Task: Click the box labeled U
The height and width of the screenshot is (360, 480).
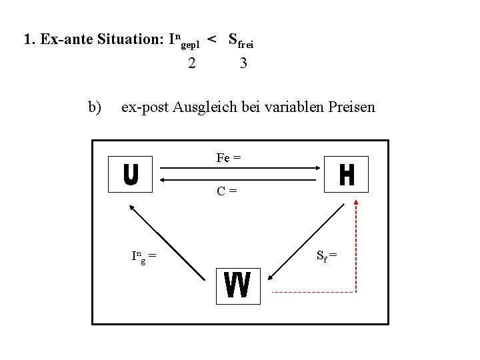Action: (131, 175)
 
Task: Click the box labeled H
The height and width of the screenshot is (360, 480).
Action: (346, 175)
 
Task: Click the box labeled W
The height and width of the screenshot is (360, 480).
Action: (238, 286)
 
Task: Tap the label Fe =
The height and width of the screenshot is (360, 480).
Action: (229, 158)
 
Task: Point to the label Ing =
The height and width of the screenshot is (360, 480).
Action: (144, 255)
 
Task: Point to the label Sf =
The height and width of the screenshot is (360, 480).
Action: (327, 255)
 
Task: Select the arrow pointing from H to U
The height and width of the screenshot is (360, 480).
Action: (240, 179)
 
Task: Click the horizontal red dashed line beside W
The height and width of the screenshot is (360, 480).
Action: (313, 292)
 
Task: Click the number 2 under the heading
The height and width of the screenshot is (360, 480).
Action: (192, 64)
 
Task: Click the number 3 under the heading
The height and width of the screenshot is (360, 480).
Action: (243, 64)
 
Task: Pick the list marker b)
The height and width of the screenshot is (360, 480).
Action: (95, 107)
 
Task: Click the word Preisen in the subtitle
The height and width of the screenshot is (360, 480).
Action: (351, 107)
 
